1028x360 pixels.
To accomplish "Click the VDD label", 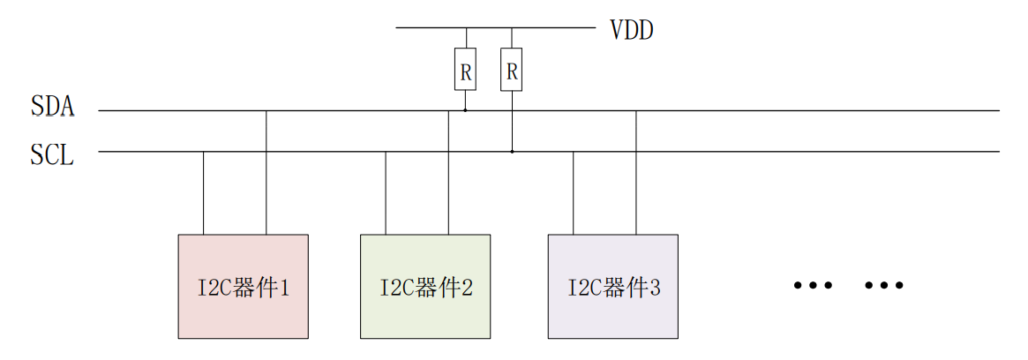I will pyautogui.click(x=632, y=30).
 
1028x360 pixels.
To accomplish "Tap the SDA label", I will pyautogui.click(x=52, y=108).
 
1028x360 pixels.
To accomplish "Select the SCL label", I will pyautogui.click(x=52, y=156).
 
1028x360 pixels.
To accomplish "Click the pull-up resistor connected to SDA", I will pyautogui.click(x=465, y=70).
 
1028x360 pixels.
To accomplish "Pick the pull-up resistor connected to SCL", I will pyautogui.click(x=512, y=70).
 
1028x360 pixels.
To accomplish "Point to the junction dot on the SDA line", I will pyautogui.click(x=465, y=110).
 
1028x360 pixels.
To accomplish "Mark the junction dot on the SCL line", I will pyautogui.click(x=512, y=152).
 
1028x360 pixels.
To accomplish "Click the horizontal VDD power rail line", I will pyautogui.click(x=494, y=27).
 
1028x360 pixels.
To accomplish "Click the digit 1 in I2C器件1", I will pyautogui.click(x=285, y=288).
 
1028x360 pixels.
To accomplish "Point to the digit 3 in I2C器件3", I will pyautogui.click(x=655, y=288).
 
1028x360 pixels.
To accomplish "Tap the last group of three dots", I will pyautogui.click(x=884, y=286).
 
